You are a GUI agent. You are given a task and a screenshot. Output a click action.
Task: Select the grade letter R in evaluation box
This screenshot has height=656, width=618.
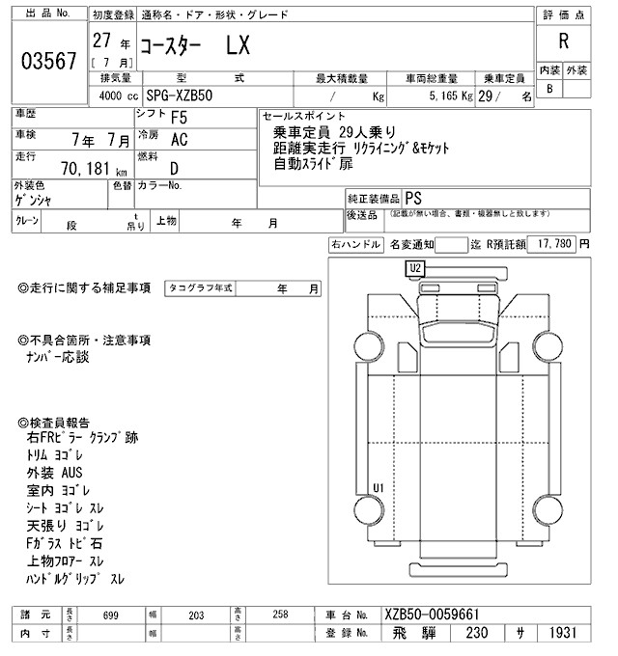[562, 41]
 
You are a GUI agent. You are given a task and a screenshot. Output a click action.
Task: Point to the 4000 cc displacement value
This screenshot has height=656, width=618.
[118, 96]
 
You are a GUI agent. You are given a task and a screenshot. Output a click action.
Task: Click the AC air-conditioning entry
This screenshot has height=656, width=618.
[179, 140]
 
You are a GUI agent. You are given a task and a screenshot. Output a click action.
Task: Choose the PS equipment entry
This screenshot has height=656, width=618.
[413, 196]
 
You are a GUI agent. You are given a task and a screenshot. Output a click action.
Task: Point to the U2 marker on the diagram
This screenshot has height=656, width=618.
[415, 267]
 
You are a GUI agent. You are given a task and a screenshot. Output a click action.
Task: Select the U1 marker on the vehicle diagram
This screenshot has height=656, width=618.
[378, 486]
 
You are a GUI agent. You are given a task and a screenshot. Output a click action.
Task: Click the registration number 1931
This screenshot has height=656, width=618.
[562, 634]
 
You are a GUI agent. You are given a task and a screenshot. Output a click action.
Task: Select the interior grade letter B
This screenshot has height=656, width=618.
[549, 89]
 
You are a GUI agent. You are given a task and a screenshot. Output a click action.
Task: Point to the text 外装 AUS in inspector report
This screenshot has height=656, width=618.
[55, 473]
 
